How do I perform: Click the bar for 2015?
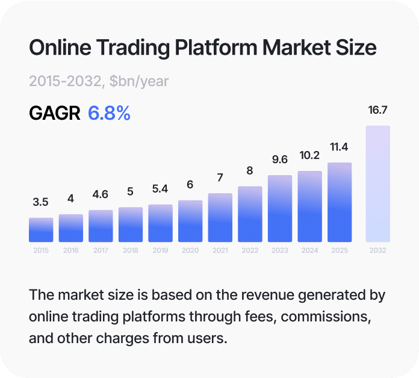tap(41, 229)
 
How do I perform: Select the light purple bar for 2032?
tap(377, 184)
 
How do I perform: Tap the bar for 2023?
tap(280, 208)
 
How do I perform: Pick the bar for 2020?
tap(190, 221)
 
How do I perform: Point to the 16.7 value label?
tap(377, 110)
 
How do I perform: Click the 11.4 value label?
tap(339, 147)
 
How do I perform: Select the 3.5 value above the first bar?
tap(41, 202)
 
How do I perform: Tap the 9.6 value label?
tap(280, 160)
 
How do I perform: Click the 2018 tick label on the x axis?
tap(131, 250)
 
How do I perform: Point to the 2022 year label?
tap(250, 250)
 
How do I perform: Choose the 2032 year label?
tap(377, 250)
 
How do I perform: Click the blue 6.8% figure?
tap(109, 113)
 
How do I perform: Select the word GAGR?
tap(55, 113)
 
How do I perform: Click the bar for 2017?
tap(101, 226)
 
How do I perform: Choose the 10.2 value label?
tap(309, 155)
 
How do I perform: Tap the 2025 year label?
tap(339, 250)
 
